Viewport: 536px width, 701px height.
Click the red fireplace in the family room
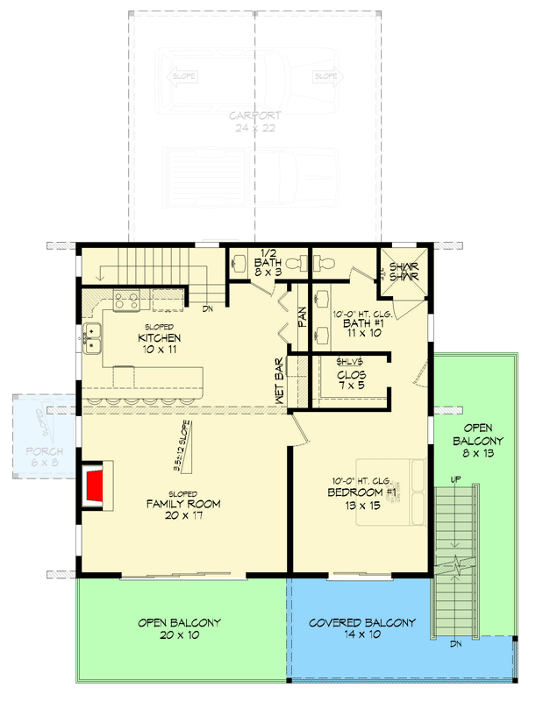tap(94, 487)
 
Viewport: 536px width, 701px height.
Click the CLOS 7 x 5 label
tap(351, 380)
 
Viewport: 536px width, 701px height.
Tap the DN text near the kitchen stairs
tap(208, 309)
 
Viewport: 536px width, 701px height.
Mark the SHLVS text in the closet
tap(351, 361)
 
